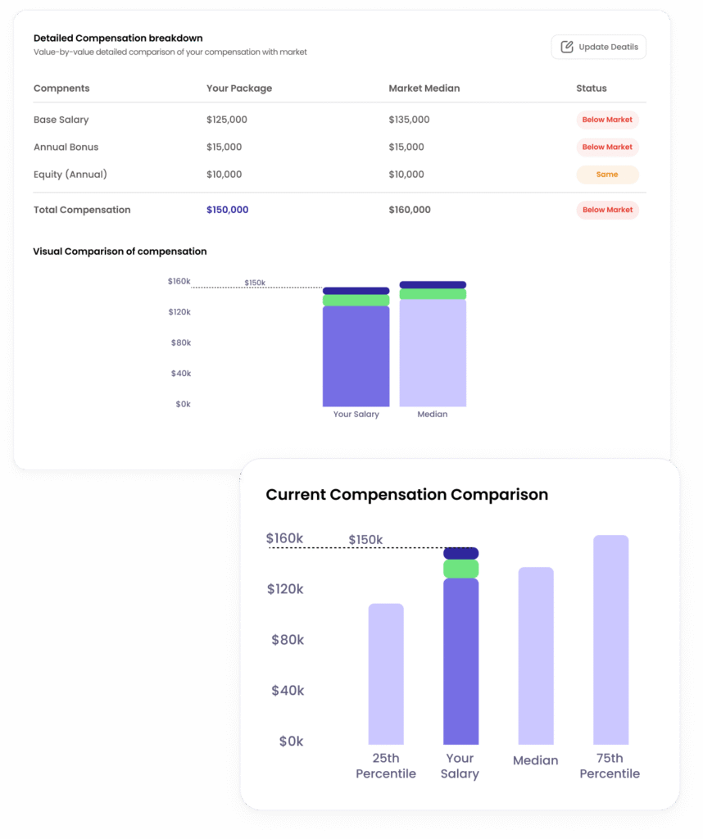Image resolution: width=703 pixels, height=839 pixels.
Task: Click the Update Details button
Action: [598, 47]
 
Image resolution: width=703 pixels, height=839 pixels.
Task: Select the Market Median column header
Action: [424, 88]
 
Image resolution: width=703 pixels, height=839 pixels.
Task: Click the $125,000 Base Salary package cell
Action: [227, 120]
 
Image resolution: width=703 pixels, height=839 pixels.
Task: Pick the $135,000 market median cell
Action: [409, 120]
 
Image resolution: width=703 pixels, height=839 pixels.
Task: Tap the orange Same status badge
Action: [607, 175]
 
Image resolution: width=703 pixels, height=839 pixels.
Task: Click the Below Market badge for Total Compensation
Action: [607, 210]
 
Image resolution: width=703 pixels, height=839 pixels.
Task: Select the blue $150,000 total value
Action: [227, 210]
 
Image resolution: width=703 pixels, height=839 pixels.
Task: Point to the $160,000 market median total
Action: [409, 210]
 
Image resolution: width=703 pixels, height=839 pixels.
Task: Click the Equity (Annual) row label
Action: [70, 175]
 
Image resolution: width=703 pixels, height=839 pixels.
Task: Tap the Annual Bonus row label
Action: [66, 147]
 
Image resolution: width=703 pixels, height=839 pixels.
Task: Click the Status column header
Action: [592, 88]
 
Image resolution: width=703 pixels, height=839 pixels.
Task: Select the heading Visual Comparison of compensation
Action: [120, 252]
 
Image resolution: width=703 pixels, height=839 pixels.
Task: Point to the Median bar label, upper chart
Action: [433, 415]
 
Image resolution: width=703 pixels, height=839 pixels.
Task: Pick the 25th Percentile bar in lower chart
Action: [386, 673]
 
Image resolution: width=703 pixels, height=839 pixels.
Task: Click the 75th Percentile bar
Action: [610, 639]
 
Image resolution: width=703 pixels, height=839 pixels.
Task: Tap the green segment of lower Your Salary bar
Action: [460, 569]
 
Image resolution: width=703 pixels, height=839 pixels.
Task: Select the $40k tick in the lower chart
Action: [288, 691]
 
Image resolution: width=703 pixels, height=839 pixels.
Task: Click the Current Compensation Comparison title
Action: [406, 495]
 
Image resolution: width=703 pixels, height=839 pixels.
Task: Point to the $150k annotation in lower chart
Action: [365, 540]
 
